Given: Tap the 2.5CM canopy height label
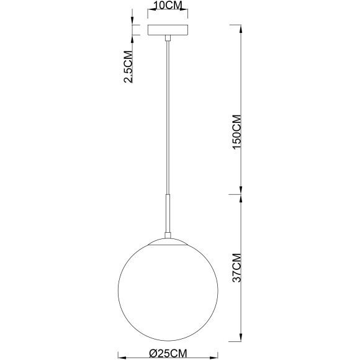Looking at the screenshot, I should (x=129, y=66).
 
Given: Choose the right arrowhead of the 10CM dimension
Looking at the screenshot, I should (x=186, y=14).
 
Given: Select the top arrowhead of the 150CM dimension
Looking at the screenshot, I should (x=241, y=27).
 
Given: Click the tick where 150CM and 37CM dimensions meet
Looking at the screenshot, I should (x=241, y=194).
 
